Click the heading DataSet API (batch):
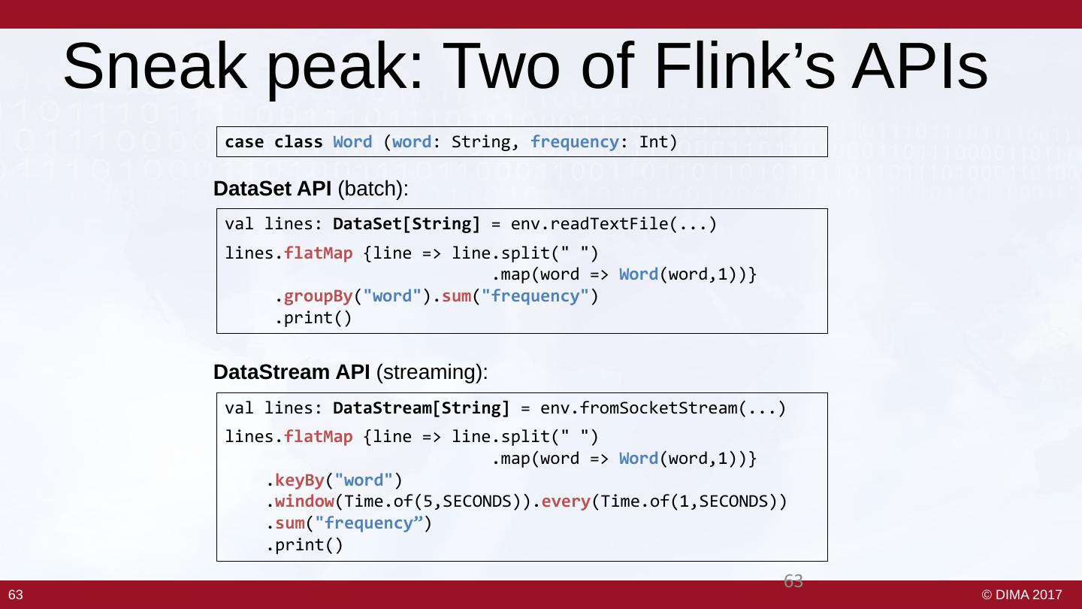311,189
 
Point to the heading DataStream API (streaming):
351,372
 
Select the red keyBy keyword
304,480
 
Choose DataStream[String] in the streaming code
421,408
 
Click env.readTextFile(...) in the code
613,224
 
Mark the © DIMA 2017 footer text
1022,595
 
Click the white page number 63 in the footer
16,595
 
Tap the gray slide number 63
793,580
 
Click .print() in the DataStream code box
304,545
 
